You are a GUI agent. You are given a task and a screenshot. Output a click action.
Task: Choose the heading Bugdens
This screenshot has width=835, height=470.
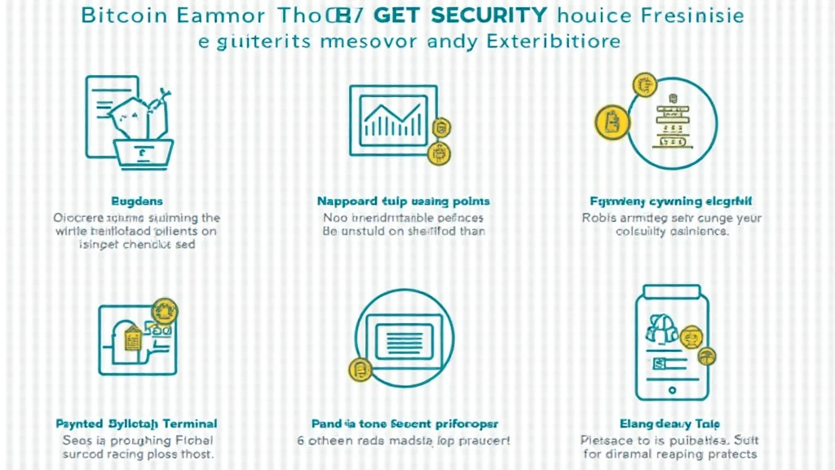(136, 201)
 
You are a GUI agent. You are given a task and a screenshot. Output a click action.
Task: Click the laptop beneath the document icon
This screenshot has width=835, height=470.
(144, 152)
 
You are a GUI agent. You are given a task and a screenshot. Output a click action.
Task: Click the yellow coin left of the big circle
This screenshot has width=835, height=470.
(608, 122)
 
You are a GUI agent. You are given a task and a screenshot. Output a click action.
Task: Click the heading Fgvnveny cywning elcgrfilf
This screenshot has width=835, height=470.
(671, 201)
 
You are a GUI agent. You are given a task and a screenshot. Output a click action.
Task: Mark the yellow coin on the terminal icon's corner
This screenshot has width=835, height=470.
(166, 311)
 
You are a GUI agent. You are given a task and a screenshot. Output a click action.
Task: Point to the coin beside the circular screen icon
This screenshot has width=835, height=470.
(359, 370)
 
